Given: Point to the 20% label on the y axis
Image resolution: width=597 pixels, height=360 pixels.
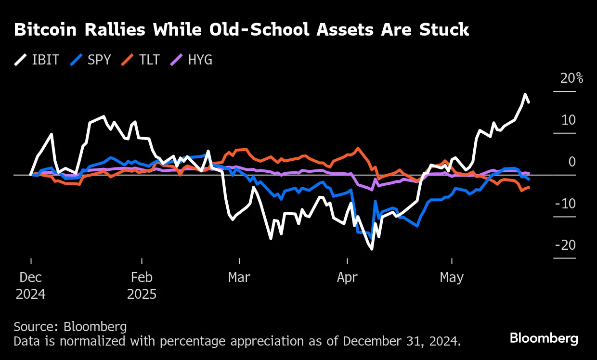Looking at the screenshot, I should point(571,78).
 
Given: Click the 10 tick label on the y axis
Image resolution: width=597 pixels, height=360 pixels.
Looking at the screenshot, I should point(569,120).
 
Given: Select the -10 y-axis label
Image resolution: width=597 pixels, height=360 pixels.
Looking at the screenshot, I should point(565,204).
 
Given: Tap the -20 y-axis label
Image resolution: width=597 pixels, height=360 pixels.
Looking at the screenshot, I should point(565,245).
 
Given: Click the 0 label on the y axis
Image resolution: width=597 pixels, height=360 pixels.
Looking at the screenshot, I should point(572,162).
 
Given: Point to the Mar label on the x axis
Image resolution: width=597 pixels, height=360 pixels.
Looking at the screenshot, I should point(239,278).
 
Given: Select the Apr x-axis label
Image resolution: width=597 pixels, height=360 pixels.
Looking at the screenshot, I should point(347,278).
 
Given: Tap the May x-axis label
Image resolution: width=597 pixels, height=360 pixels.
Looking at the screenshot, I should point(452,278).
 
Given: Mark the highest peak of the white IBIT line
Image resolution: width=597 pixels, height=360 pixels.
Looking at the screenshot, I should point(525,94).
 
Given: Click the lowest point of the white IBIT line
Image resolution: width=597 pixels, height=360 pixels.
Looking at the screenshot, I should point(372,249).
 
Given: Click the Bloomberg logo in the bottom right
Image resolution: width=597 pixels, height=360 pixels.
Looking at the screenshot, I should point(544,338).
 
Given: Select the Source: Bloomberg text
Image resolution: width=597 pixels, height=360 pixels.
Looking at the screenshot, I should point(70,327).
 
